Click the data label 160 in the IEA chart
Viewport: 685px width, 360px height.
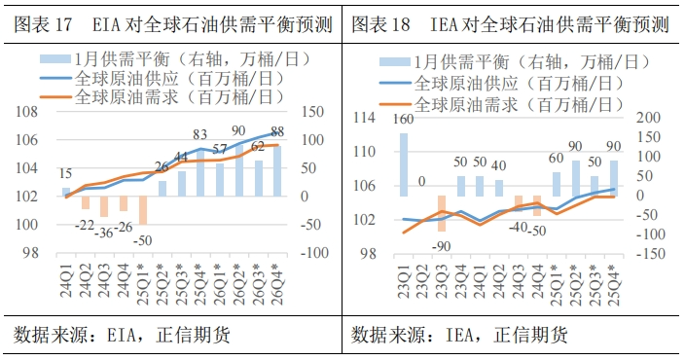coord(403,120)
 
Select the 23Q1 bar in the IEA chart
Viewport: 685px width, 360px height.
coord(403,164)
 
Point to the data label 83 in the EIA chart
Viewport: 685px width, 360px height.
coord(200,135)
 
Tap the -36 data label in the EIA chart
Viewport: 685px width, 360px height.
coord(104,233)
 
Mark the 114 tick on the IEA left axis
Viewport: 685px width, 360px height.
coord(363,119)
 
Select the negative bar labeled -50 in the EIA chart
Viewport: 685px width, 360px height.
coord(143,210)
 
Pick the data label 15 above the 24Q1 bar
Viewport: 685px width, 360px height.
coord(65,172)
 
